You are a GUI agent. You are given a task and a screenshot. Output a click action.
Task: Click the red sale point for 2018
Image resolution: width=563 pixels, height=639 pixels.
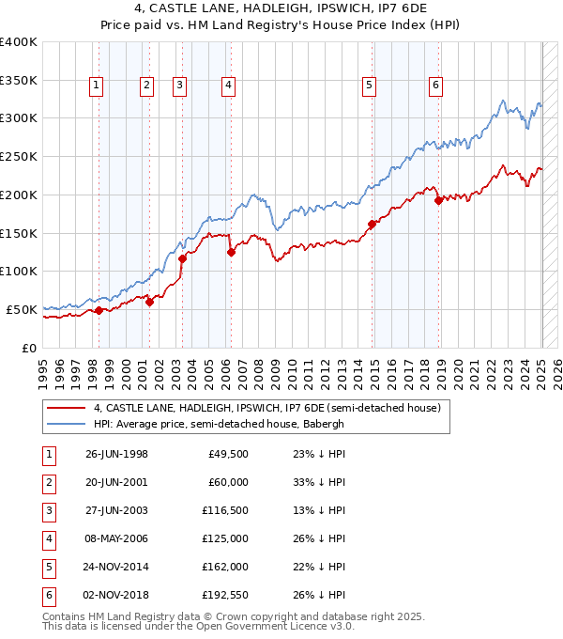tap(438, 200)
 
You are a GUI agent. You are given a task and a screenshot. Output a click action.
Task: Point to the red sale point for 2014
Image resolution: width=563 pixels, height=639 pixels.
tap(373, 224)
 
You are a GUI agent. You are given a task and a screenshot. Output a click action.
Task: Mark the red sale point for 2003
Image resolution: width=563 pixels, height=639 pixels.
tap(182, 258)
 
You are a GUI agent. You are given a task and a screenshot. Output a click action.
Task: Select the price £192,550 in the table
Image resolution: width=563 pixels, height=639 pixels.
tap(225, 594)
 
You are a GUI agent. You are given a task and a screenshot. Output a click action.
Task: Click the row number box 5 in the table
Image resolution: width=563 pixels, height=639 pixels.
tap(47, 566)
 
